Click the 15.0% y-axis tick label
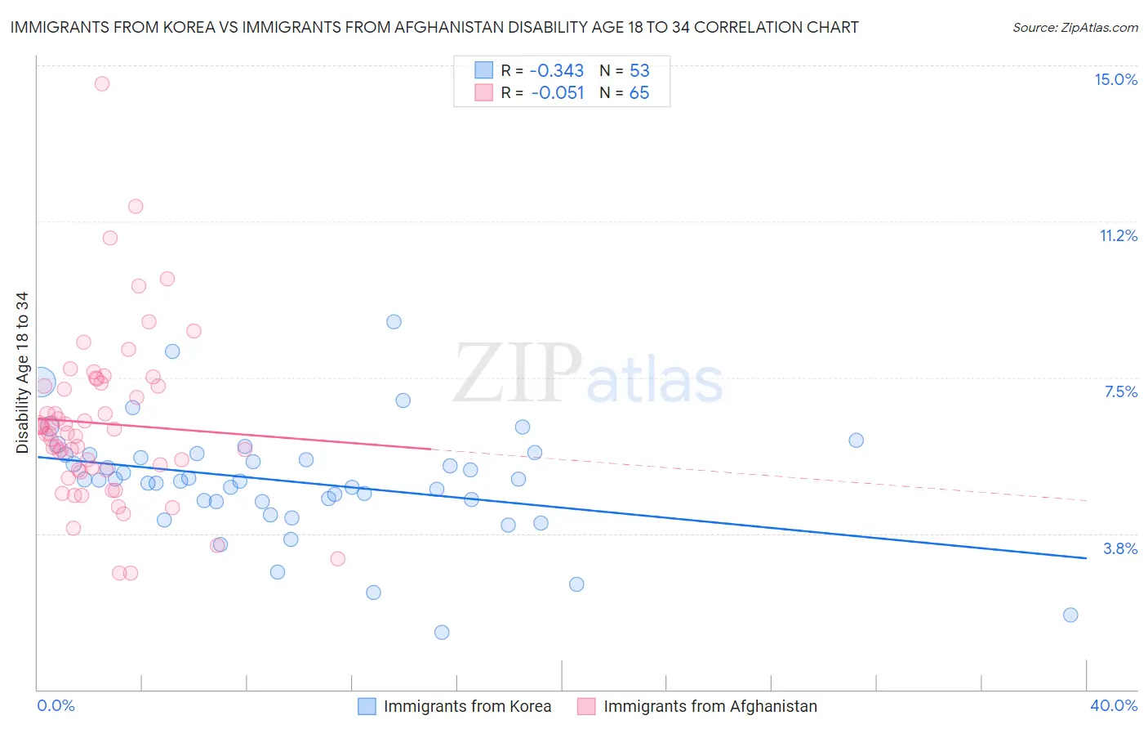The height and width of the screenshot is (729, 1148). pos(1115,79)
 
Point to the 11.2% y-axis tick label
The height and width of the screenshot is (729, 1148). pos(1118,235)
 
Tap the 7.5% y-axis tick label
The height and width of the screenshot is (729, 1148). pos(1120,391)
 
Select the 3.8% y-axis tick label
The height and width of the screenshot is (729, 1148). pos(1120,548)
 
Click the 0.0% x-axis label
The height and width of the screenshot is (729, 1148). pos(56,705)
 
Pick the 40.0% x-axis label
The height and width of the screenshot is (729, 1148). pos(1114,705)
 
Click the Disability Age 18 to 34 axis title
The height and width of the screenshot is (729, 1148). pos(22,373)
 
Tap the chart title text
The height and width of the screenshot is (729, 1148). pos(434,27)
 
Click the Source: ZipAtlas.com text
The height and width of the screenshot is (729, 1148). pos(1075,27)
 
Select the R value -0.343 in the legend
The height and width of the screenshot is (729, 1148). pos(557,70)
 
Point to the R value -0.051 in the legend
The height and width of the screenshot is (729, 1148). pos(557,93)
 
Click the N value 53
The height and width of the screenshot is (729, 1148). pos(639,70)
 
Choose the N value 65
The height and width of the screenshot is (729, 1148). pos(639,93)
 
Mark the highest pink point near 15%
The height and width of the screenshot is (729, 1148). pos(102,83)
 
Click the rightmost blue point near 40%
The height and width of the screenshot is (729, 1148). pos(1070,615)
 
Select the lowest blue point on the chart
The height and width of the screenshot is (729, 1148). pos(442,632)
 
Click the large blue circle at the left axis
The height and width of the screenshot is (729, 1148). pos(41,382)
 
